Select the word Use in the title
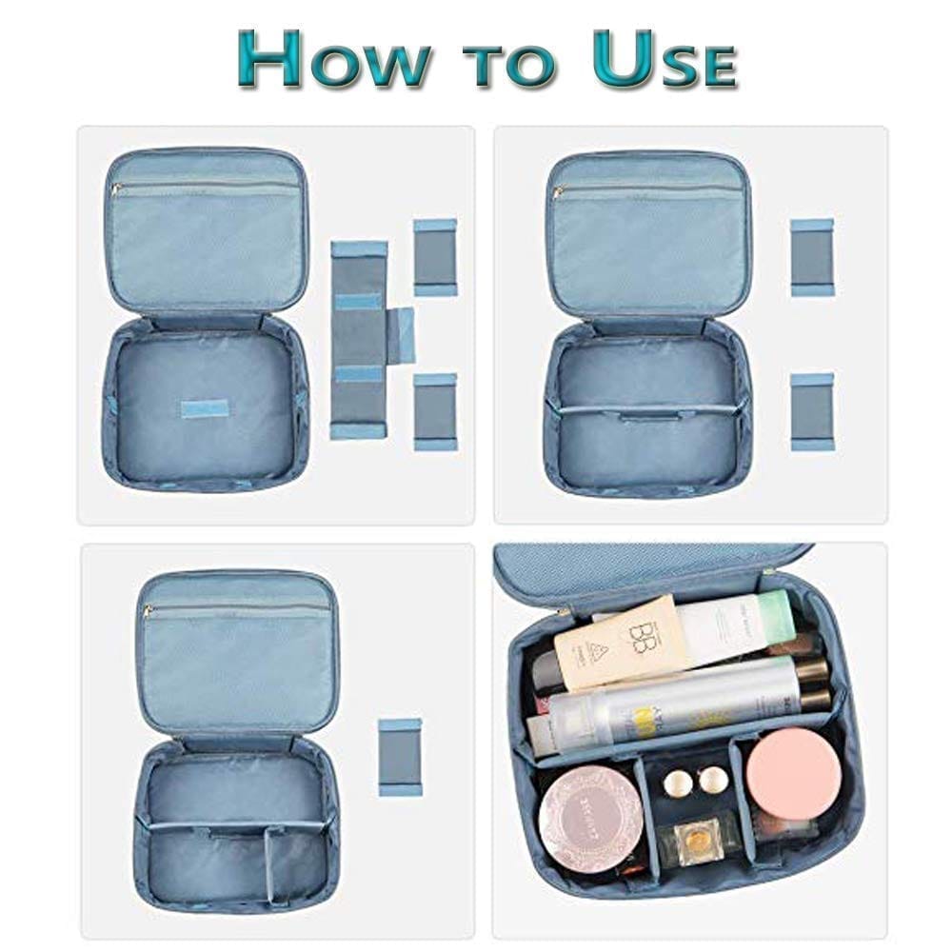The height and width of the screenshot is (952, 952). [x=663, y=62]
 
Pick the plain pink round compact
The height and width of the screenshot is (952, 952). [x=792, y=772]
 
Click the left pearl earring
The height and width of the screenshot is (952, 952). [x=677, y=783]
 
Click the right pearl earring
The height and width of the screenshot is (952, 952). [x=712, y=780]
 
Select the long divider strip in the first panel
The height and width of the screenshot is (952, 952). [x=360, y=340]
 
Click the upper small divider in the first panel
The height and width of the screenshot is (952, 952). [x=435, y=257]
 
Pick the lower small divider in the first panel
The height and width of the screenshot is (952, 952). [x=435, y=410]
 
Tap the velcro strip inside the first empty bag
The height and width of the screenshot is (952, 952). [x=205, y=408]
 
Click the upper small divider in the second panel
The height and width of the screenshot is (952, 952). [x=812, y=257]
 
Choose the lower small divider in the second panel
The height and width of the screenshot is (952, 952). [x=812, y=410]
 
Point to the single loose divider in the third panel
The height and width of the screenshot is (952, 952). [x=400, y=757]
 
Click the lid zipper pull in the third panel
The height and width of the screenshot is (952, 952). [x=150, y=608]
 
